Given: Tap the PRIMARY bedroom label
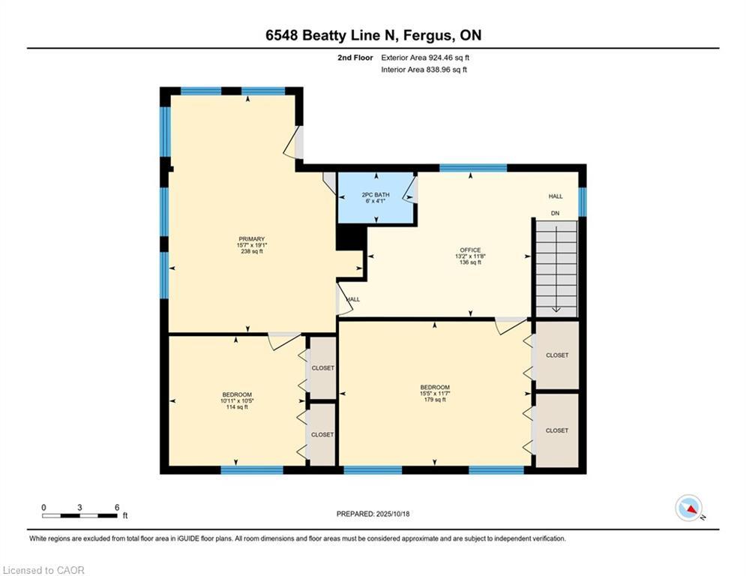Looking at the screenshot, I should coord(251,239).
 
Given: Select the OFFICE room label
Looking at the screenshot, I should coord(470,250).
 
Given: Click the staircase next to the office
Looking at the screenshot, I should coord(556,267).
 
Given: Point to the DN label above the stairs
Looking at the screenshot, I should coord(556,213).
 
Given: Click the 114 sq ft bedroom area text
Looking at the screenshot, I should coord(236,407).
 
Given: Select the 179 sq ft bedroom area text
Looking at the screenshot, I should coord(435,400).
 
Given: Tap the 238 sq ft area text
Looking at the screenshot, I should coord(251,252).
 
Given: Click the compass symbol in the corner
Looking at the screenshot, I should coord(688,508).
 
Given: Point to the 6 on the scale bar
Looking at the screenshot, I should coord(117,507).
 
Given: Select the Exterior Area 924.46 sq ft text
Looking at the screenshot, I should coord(425,57).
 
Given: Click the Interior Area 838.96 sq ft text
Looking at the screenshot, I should coord(424,70).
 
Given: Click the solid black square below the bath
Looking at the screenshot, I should coord(350,238).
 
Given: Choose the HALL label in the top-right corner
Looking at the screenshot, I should coord(556,196).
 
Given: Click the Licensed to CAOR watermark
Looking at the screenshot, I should coord(43,570).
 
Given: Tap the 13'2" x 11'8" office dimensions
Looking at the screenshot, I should coord(470,256).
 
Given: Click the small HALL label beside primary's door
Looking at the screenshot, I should coord(353,299).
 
